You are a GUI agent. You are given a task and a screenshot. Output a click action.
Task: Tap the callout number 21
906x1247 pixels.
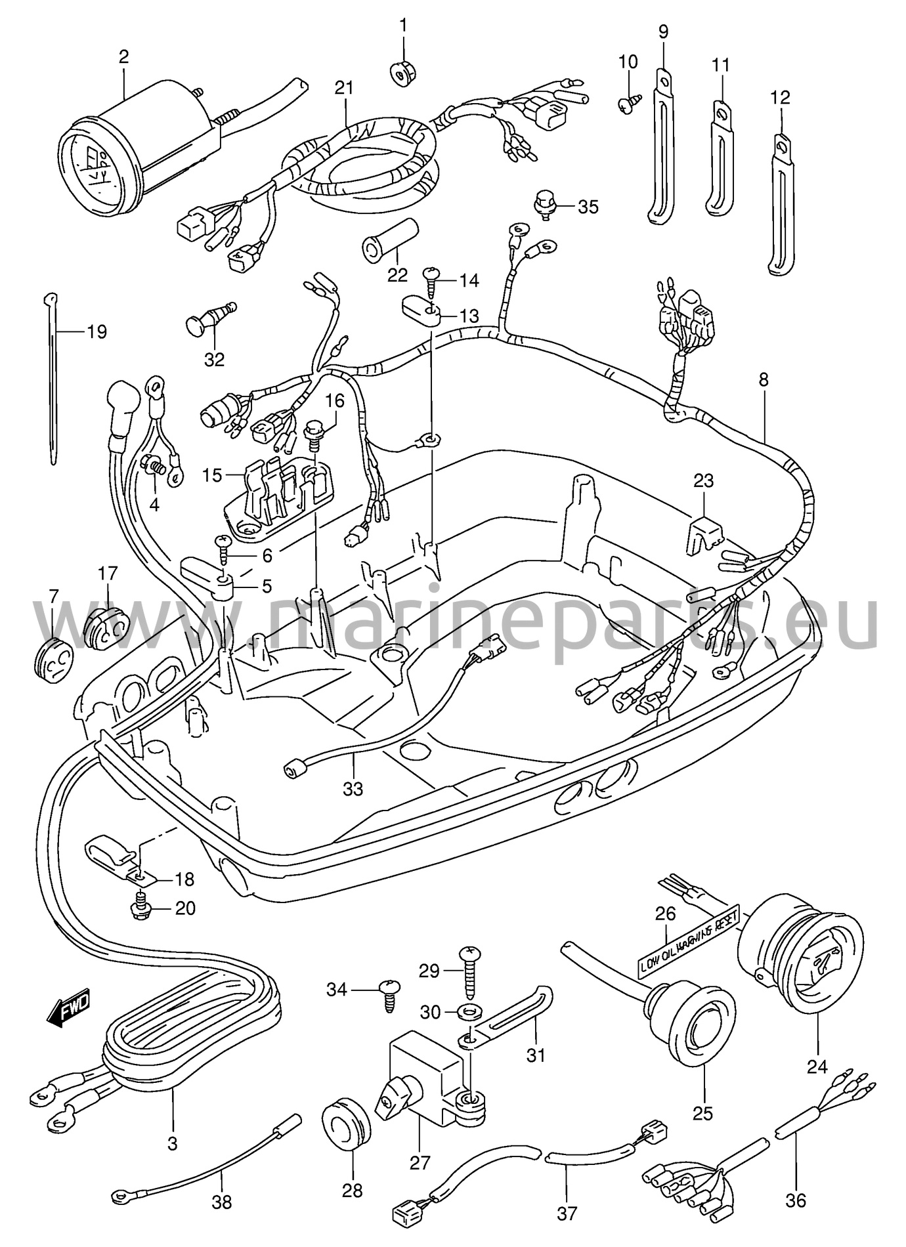pos(343,88)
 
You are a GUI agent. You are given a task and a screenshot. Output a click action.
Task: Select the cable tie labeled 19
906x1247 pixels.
pos(51,377)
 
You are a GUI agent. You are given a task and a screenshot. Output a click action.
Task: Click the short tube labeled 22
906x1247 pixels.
pos(390,239)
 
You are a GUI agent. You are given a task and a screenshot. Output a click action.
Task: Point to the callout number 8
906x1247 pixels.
pos(763,380)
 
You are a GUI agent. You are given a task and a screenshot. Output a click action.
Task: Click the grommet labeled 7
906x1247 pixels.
pos(53,654)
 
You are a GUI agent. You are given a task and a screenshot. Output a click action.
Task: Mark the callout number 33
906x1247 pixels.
pos(353,788)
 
